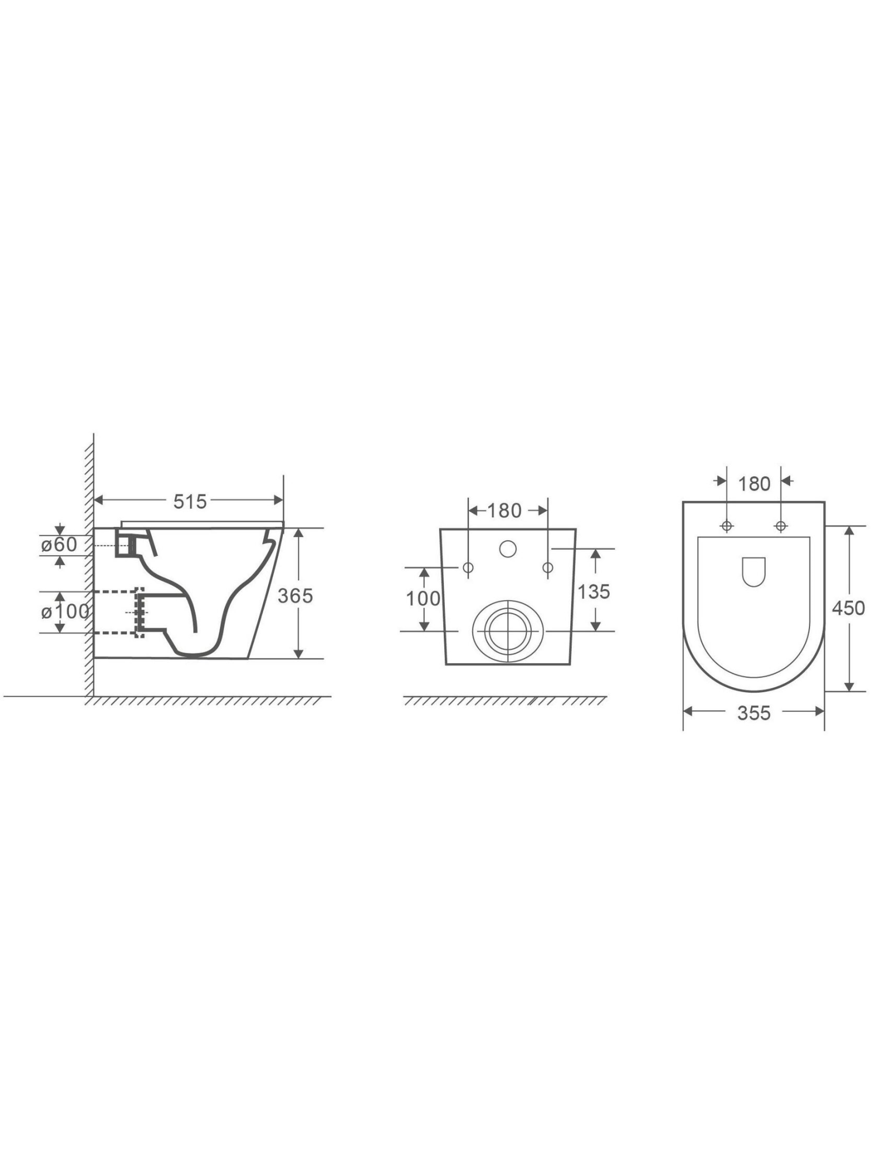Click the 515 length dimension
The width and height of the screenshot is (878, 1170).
(190, 501)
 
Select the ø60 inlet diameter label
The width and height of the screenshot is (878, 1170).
(59, 545)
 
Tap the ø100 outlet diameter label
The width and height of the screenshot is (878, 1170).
(65, 612)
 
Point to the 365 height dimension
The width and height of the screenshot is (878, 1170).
(296, 596)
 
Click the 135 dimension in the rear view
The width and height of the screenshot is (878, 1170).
(594, 591)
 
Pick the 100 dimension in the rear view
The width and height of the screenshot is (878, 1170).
(423, 598)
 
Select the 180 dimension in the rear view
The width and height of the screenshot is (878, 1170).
(504, 511)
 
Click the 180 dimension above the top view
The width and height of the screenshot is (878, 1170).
(754, 484)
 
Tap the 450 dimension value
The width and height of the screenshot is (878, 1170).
(848, 608)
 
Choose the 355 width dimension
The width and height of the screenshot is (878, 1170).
(754, 713)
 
